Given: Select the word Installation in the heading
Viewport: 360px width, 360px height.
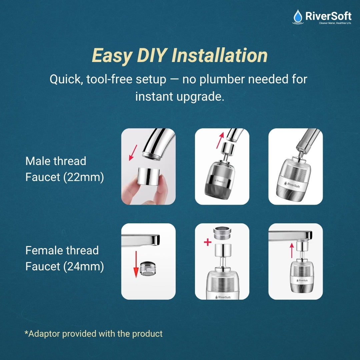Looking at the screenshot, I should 220,55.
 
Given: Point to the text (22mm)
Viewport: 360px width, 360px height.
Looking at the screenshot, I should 84,177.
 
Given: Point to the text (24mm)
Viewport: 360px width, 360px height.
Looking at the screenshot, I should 84,266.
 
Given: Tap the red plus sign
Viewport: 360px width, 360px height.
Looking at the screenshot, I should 208,242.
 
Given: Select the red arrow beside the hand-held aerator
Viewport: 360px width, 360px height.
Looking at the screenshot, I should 133,152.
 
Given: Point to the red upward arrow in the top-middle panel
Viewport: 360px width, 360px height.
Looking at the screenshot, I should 219,140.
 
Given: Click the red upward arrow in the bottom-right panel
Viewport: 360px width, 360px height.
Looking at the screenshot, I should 292,250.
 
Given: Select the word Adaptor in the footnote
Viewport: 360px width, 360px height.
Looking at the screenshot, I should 44,334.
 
